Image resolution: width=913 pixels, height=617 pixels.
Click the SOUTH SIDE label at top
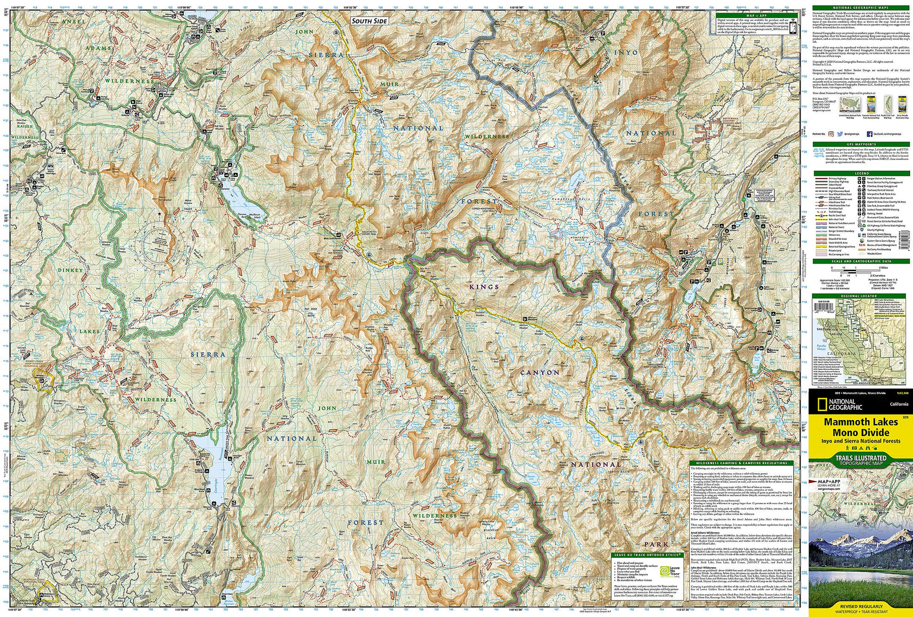(x=369, y=21)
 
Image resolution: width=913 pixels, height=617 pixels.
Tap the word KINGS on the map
(x=484, y=287)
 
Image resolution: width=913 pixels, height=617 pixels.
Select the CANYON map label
(x=540, y=372)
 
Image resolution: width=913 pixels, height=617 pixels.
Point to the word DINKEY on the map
(x=70, y=270)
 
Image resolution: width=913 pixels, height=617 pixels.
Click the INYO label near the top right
(x=625, y=52)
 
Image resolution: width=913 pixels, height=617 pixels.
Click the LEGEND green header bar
(x=862, y=173)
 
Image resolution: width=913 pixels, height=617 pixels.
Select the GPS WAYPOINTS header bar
(x=862, y=144)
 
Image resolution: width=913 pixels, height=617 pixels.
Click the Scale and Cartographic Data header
(x=862, y=261)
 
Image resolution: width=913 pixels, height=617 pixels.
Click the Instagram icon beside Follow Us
(x=831, y=134)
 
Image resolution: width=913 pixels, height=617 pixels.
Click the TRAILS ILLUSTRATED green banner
(x=861, y=458)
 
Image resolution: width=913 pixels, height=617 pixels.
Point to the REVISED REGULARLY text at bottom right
(x=861, y=606)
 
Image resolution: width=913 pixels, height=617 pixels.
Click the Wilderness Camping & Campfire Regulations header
(x=741, y=463)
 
